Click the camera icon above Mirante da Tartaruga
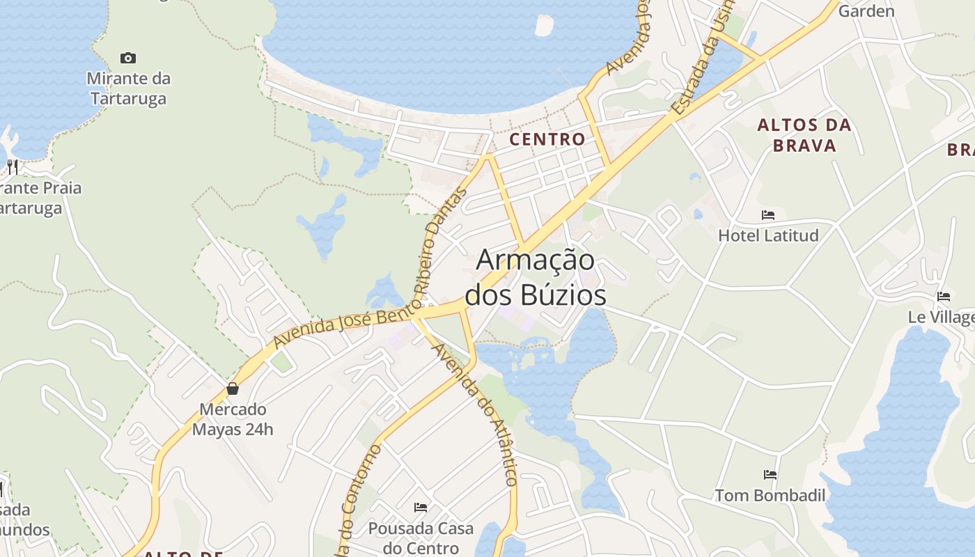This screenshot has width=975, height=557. [x=128, y=58]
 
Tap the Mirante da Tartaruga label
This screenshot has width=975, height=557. [x=129, y=88]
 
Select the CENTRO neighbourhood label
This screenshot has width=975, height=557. [x=547, y=139]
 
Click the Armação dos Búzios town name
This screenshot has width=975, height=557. [x=536, y=278]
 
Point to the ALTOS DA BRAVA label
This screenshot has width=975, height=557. [x=804, y=135]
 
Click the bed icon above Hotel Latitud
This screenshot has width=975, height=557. [x=768, y=215]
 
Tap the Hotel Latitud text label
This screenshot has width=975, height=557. [x=768, y=235]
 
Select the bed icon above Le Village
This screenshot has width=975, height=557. [x=944, y=297]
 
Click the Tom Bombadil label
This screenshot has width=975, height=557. [x=770, y=496]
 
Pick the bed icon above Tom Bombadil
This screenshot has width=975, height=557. [x=770, y=475]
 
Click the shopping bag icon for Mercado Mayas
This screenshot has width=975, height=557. [x=233, y=389]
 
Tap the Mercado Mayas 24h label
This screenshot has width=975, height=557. [x=233, y=419]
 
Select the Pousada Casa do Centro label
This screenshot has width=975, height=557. [x=421, y=538]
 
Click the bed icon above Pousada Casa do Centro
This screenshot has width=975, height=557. [x=421, y=507]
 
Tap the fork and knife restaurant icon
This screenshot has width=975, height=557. [x=12, y=166]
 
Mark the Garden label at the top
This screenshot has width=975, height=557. [x=866, y=10]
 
